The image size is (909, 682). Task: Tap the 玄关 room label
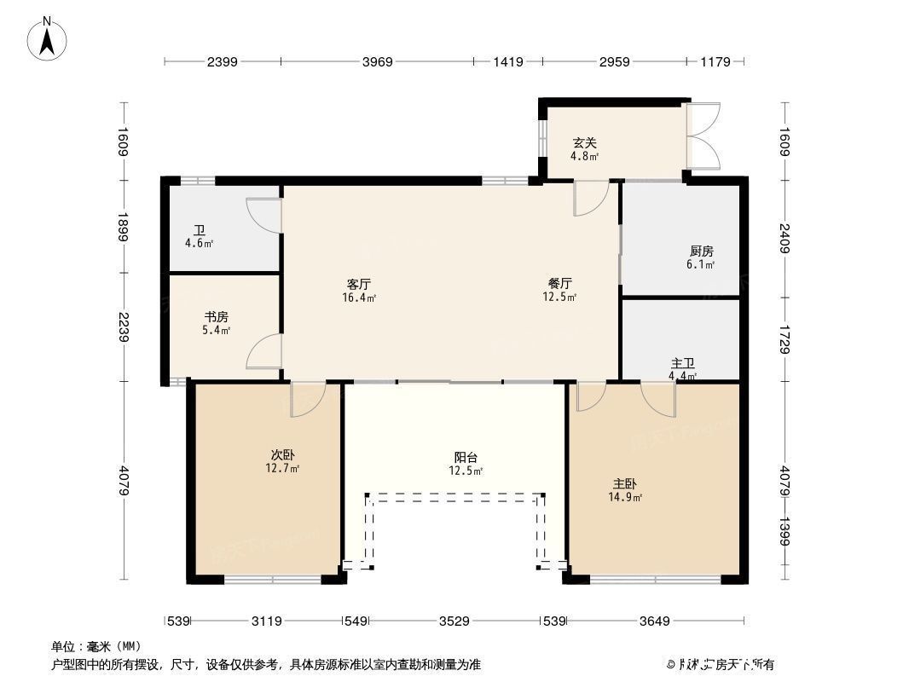(x=584, y=143)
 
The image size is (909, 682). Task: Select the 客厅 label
(x=359, y=284)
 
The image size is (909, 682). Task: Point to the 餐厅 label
(x=559, y=284)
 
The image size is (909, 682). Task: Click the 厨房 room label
(x=701, y=251)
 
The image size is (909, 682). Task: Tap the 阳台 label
(x=466, y=458)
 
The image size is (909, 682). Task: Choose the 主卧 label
(x=623, y=483)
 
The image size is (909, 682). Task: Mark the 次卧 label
(x=282, y=455)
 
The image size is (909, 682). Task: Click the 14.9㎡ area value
(x=625, y=497)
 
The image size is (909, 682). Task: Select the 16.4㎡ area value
(x=359, y=298)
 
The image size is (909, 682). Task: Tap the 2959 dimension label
(x=614, y=61)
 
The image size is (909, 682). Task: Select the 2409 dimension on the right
(x=785, y=237)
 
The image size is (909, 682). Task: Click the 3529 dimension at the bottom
(x=454, y=621)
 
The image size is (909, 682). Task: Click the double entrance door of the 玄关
(x=703, y=136)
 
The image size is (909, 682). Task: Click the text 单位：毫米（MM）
(x=96, y=646)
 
